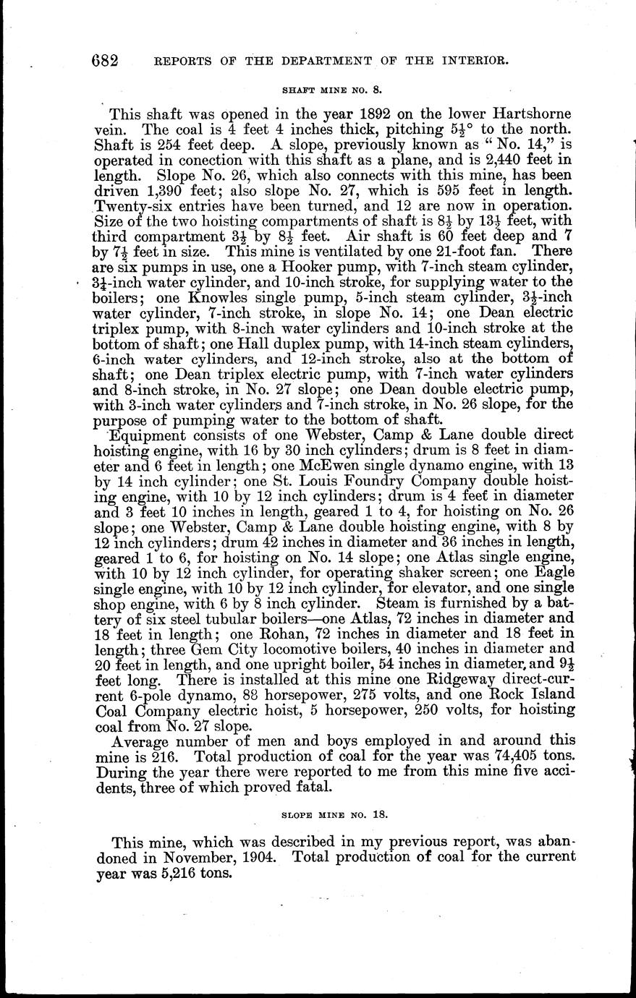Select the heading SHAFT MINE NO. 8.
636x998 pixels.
[331, 91]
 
